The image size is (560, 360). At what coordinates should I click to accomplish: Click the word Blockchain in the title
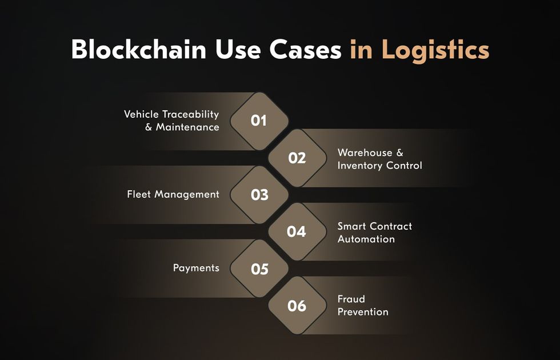tap(138, 49)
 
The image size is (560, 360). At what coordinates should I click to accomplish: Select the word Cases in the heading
tap(305, 49)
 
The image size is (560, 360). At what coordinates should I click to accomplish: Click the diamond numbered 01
tap(259, 121)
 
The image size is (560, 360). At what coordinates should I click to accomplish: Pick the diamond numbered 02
tap(298, 158)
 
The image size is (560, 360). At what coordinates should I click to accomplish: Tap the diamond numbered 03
tap(259, 195)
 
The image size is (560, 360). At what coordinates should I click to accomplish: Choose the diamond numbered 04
tap(298, 231)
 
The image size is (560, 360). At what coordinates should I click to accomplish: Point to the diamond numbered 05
tap(259, 269)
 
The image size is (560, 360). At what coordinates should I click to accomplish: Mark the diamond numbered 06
tap(298, 305)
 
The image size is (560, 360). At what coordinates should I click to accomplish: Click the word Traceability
tap(190, 115)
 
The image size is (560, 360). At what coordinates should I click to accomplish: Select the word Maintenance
tap(187, 127)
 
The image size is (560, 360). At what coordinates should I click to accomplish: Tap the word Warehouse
tap(365, 153)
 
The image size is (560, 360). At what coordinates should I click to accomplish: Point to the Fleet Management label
tap(173, 195)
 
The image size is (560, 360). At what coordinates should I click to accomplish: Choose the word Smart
tap(352, 226)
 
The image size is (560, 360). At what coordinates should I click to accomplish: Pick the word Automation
tap(366, 239)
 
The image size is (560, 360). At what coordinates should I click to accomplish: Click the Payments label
tap(196, 268)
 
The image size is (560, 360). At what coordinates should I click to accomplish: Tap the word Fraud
tap(351, 299)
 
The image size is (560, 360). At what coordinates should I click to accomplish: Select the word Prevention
tap(363, 312)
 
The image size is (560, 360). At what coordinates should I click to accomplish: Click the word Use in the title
tap(238, 49)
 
